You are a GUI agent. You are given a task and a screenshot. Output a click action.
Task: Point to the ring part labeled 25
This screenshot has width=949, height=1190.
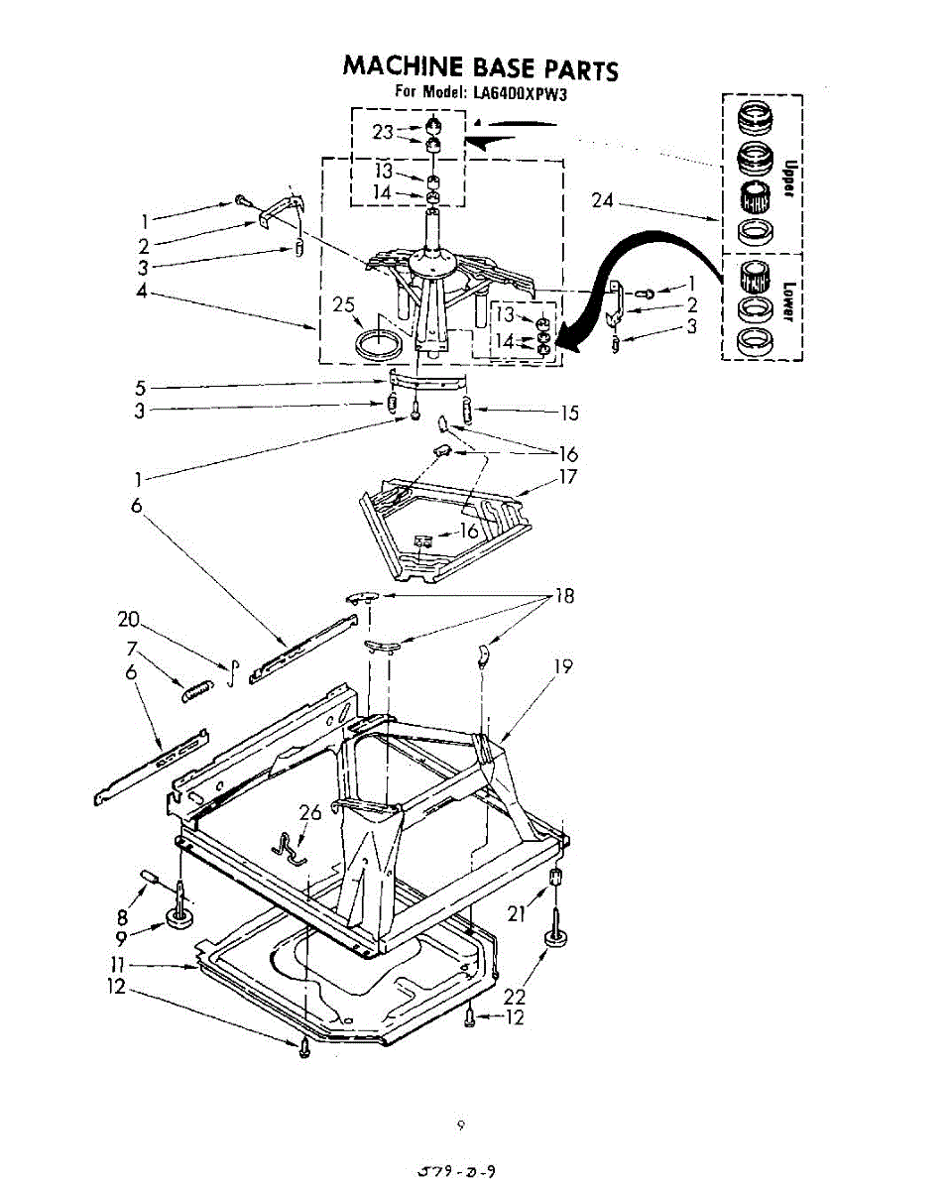pyautogui.click(x=378, y=344)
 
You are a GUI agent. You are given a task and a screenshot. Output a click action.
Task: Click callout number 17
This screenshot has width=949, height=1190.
pyautogui.click(x=567, y=476)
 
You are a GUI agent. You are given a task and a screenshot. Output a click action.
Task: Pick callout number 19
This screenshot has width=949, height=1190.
pyautogui.click(x=562, y=666)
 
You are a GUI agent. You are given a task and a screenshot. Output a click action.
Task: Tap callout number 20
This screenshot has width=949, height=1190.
pyautogui.click(x=129, y=621)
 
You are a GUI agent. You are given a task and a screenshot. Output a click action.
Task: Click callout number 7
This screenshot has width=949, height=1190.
pyautogui.click(x=131, y=649)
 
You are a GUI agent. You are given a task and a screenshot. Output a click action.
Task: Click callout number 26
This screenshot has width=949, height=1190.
pyautogui.click(x=310, y=813)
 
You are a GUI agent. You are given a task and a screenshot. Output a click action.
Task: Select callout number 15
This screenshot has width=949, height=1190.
pyautogui.click(x=568, y=413)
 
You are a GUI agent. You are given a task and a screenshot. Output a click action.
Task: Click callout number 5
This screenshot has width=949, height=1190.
pyautogui.click(x=140, y=388)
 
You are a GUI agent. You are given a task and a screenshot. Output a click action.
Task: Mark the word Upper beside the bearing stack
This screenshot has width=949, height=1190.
pyautogui.click(x=789, y=178)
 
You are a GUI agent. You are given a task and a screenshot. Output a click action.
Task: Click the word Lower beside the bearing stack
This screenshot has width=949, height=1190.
pyautogui.click(x=788, y=300)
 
